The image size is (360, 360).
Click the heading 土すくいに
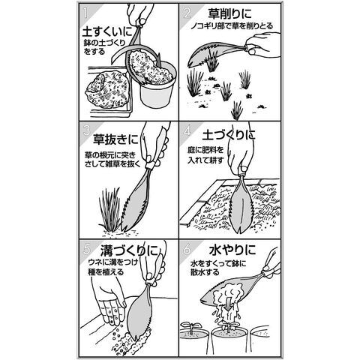coord(107,32)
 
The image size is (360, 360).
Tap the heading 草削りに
coord(229,13)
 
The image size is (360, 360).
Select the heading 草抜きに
coord(115,139)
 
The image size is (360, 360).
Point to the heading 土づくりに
coord(229,135)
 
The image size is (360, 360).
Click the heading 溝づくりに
coord(129,250)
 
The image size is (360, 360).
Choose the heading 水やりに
coord(232,249)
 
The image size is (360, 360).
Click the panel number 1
coord(85,13)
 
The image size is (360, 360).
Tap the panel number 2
coord(187,13)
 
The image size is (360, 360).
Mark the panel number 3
coord(86,131)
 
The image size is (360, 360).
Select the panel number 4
coord(187,130)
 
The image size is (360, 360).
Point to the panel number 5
coord(86,249)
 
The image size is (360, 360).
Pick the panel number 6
coord(187,249)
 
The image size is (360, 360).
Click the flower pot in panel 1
coord(157,85)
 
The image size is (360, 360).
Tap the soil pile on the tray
coord(107,90)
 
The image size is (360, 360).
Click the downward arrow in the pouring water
coord(227,304)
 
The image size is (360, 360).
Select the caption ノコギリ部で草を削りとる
coord(232,26)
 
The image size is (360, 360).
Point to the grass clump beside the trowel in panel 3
coord(109,209)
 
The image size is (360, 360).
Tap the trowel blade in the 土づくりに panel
coord(241,205)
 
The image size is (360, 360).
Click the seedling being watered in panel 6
coord(229,326)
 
